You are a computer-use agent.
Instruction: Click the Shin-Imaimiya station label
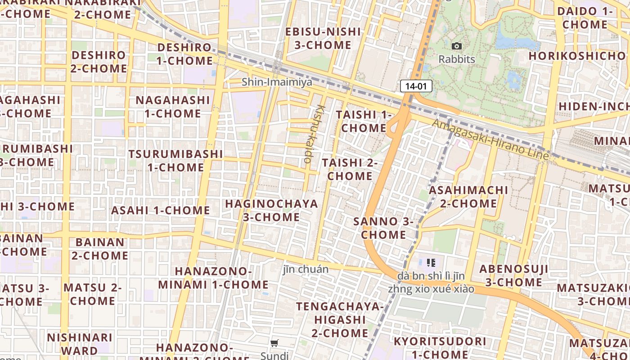[x=277, y=82]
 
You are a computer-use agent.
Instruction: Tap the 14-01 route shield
[x=416, y=86]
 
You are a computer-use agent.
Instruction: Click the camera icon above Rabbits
[x=456, y=46]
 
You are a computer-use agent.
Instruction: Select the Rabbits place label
[x=457, y=59]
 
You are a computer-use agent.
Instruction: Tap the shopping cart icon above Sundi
[x=274, y=343]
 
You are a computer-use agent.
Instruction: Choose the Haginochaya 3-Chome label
[x=271, y=210]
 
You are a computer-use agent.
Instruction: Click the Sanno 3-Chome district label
[x=383, y=228]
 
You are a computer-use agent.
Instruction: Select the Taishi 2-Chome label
[x=350, y=169]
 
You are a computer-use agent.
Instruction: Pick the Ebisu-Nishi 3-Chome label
[x=323, y=38]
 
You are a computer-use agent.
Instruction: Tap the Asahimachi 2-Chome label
[x=468, y=197]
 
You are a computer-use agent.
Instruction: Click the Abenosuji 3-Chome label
[x=513, y=275]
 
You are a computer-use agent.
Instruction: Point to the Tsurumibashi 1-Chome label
[x=175, y=160]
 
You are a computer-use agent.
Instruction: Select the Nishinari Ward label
[x=80, y=344]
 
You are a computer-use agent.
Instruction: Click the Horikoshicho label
[x=577, y=56]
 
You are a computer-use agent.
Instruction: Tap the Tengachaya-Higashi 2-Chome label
[x=340, y=319]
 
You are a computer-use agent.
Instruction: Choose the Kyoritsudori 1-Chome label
[x=440, y=347]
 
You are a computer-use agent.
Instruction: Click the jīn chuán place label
[x=306, y=269]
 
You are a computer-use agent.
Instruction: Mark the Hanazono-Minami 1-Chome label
[x=213, y=278]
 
